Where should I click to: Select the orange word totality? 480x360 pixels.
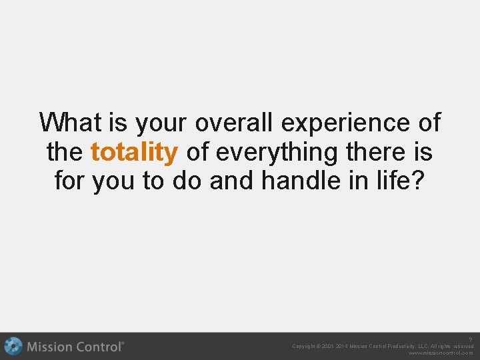pos(134,153)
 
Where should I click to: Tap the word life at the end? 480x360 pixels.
pos(399,181)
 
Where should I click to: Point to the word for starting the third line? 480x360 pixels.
pos(71,181)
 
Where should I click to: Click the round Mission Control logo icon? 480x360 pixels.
pos(13,347)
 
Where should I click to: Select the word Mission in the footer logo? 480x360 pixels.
pos(50,347)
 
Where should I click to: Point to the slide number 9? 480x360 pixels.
pos(470,339)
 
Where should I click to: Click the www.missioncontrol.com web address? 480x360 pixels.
pos(441,353)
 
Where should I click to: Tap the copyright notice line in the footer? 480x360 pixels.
pos(383,346)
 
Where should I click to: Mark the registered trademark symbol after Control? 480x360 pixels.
pos(122,343)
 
